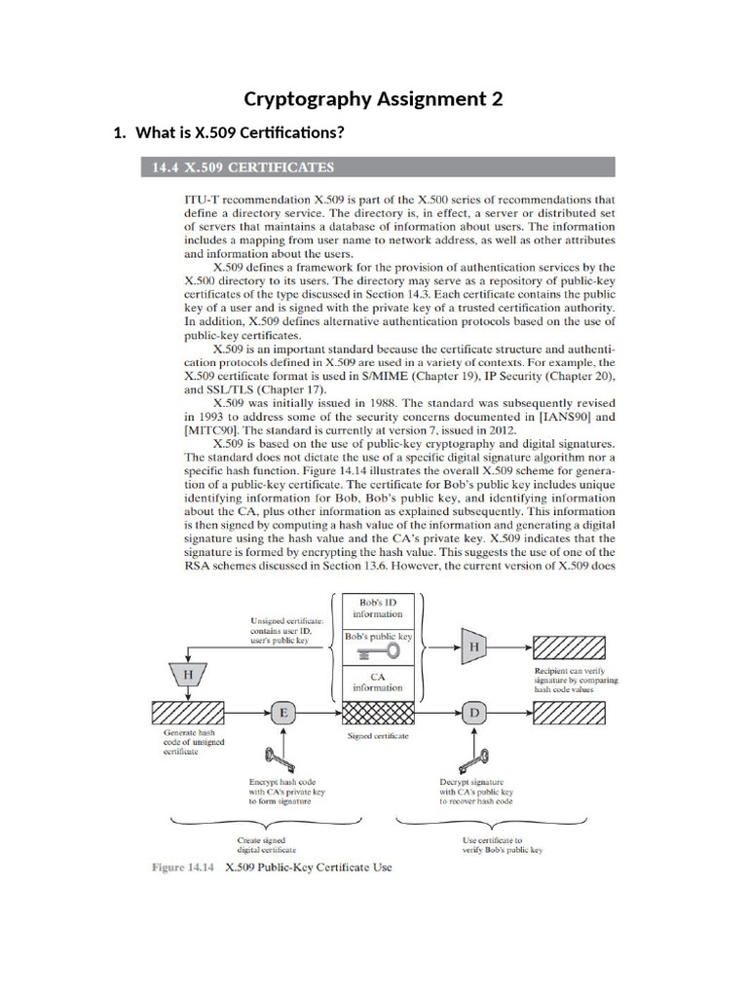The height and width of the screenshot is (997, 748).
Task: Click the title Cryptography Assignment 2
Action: (373, 98)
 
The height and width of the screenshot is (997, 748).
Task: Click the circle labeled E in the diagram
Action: (283, 713)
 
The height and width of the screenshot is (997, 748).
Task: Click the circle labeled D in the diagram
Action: (476, 713)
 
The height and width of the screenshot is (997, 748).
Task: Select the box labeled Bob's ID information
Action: (380, 609)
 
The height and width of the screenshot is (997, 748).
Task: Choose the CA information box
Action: (380, 681)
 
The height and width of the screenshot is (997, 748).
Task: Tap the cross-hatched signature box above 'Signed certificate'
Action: (380, 714)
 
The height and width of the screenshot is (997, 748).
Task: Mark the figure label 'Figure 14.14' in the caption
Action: (183, 867)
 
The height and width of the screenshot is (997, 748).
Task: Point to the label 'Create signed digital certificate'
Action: (268, 844)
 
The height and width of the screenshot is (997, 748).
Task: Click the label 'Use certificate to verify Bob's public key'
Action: (502, 844)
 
